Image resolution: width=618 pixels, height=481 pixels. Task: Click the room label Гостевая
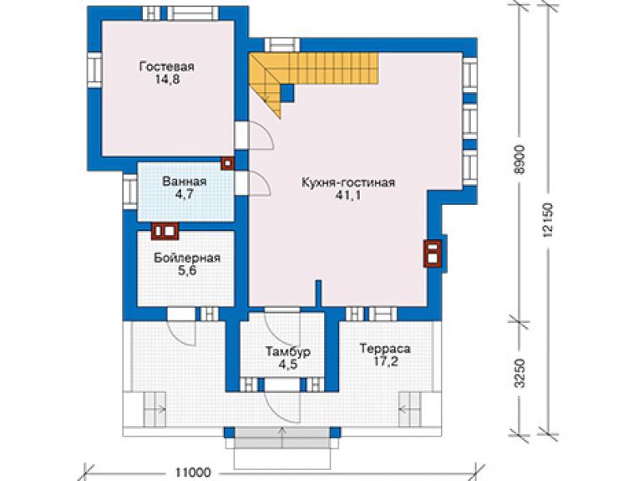coord(167,66)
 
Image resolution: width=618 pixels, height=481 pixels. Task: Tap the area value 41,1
coord(348,196)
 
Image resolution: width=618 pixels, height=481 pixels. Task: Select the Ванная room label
coord(185,182)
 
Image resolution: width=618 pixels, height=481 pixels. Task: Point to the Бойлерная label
coord(187,258)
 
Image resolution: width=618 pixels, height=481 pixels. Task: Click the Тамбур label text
coord(288,351)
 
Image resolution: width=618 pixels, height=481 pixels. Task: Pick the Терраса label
coord(385,349)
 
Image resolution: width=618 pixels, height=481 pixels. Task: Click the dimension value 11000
coord(193,473)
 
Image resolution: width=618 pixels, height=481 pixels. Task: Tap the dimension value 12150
coord(549,219)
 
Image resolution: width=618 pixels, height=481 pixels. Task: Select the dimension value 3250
coord(520,373)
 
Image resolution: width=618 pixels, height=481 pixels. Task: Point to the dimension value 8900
coord(520,160)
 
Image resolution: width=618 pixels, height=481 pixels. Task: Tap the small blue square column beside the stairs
coord(287,93)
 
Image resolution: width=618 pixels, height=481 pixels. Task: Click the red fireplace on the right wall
coord(433,254)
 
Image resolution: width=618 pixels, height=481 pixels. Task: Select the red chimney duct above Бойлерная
coord(165,231)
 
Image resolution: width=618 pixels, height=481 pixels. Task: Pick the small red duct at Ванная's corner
coord(227,163)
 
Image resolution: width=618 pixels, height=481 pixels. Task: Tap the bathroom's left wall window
coord(129,192)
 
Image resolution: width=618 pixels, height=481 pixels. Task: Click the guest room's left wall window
coord(94,70)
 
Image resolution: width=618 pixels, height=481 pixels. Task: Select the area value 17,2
coord(386,361)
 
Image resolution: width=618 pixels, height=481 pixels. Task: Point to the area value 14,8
coord(167,79)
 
